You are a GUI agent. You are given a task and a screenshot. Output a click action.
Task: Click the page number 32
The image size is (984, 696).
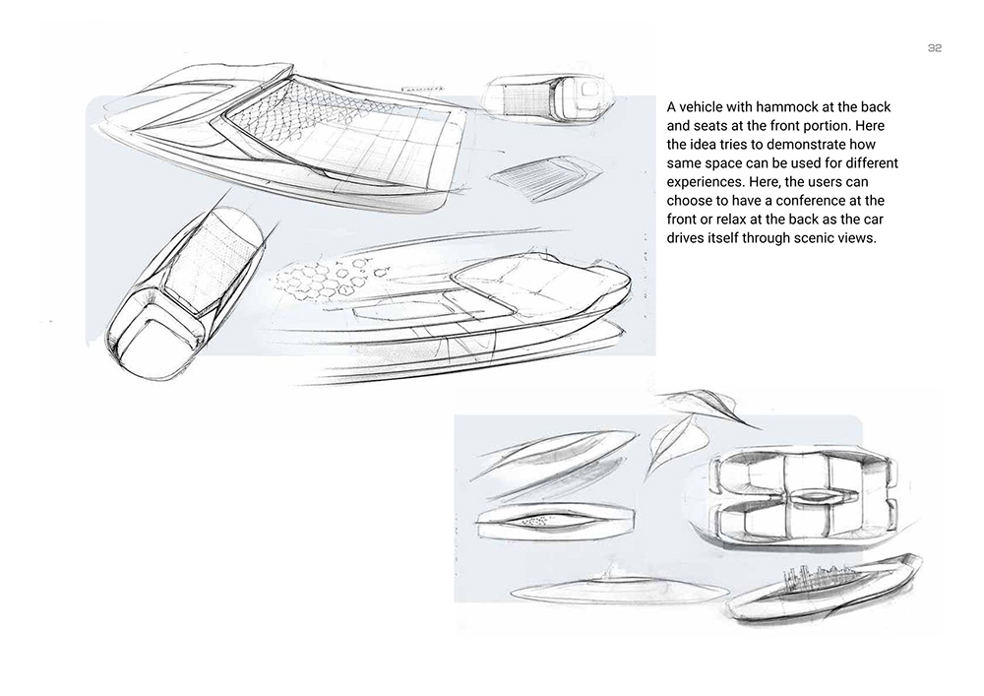coord(935,48)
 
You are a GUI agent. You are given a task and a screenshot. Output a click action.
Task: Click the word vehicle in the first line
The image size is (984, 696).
coord(703,106)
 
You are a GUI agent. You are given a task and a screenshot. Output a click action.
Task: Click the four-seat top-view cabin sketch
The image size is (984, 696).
coord(803,497)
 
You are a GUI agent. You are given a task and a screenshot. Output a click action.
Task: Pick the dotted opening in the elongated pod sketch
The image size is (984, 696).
coord(536,520)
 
